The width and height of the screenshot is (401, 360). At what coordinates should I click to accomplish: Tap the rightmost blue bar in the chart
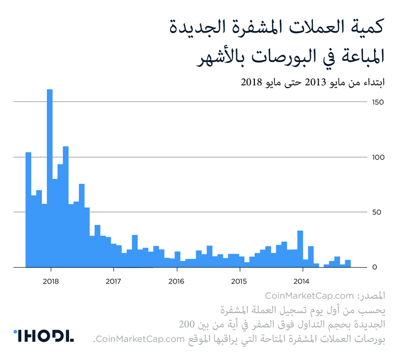348,263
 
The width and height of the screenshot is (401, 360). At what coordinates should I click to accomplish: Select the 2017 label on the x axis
113,281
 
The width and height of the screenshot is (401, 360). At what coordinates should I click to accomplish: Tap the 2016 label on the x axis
176,281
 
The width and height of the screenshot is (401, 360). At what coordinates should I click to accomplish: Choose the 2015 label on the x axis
239,281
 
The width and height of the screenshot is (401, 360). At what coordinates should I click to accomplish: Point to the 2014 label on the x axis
302,281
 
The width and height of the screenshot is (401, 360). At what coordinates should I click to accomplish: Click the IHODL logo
43,336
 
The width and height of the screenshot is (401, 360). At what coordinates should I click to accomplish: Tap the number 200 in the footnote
188,324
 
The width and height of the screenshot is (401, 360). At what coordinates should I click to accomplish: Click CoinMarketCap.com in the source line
310,296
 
